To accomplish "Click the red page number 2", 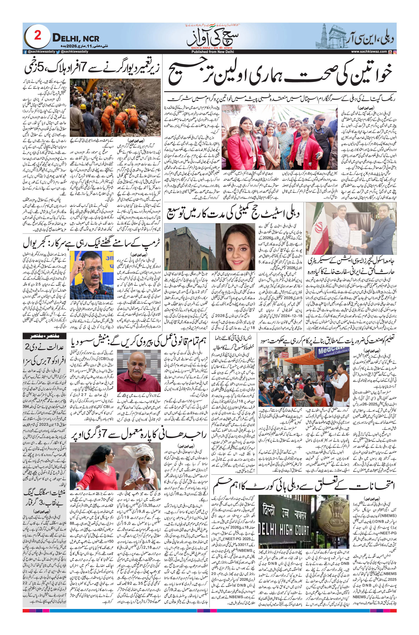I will [x=38, y=36].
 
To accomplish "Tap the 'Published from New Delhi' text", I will [x=209, y=52].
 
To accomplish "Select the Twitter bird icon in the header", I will [x=58, y=52].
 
